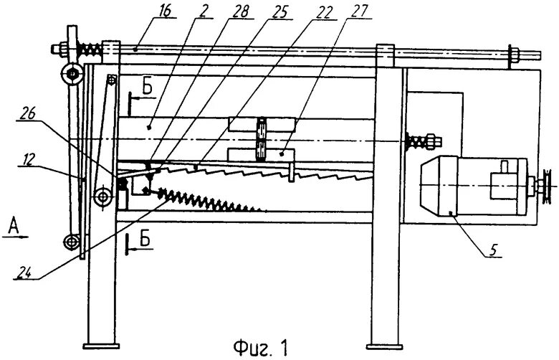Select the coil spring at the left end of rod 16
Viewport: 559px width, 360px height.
[x=90, y=49]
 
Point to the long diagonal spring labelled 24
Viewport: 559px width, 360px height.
[x=208, y=196]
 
